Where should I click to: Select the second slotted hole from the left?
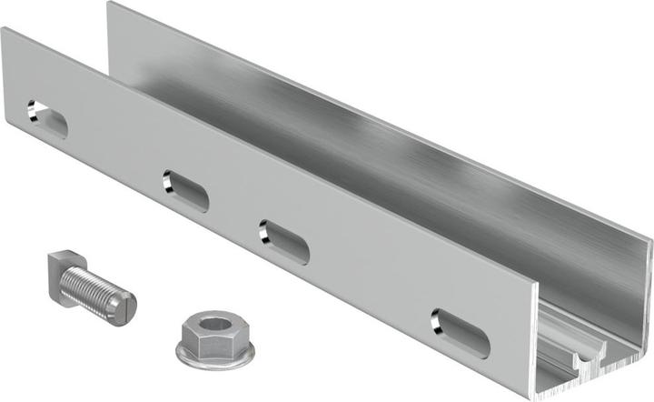tap(185, 191)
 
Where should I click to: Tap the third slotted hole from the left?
tap(283, 241)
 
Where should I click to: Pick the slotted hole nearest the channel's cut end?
tap(460, 333)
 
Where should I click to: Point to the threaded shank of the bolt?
tap(98, 291)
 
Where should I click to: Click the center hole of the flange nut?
tap(215, 325)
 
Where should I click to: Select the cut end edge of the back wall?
tap(649, 273)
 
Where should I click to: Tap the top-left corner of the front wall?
tap(4, 31)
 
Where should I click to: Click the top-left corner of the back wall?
tap(110, 5)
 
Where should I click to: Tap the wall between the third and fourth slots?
tap(372, 286)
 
